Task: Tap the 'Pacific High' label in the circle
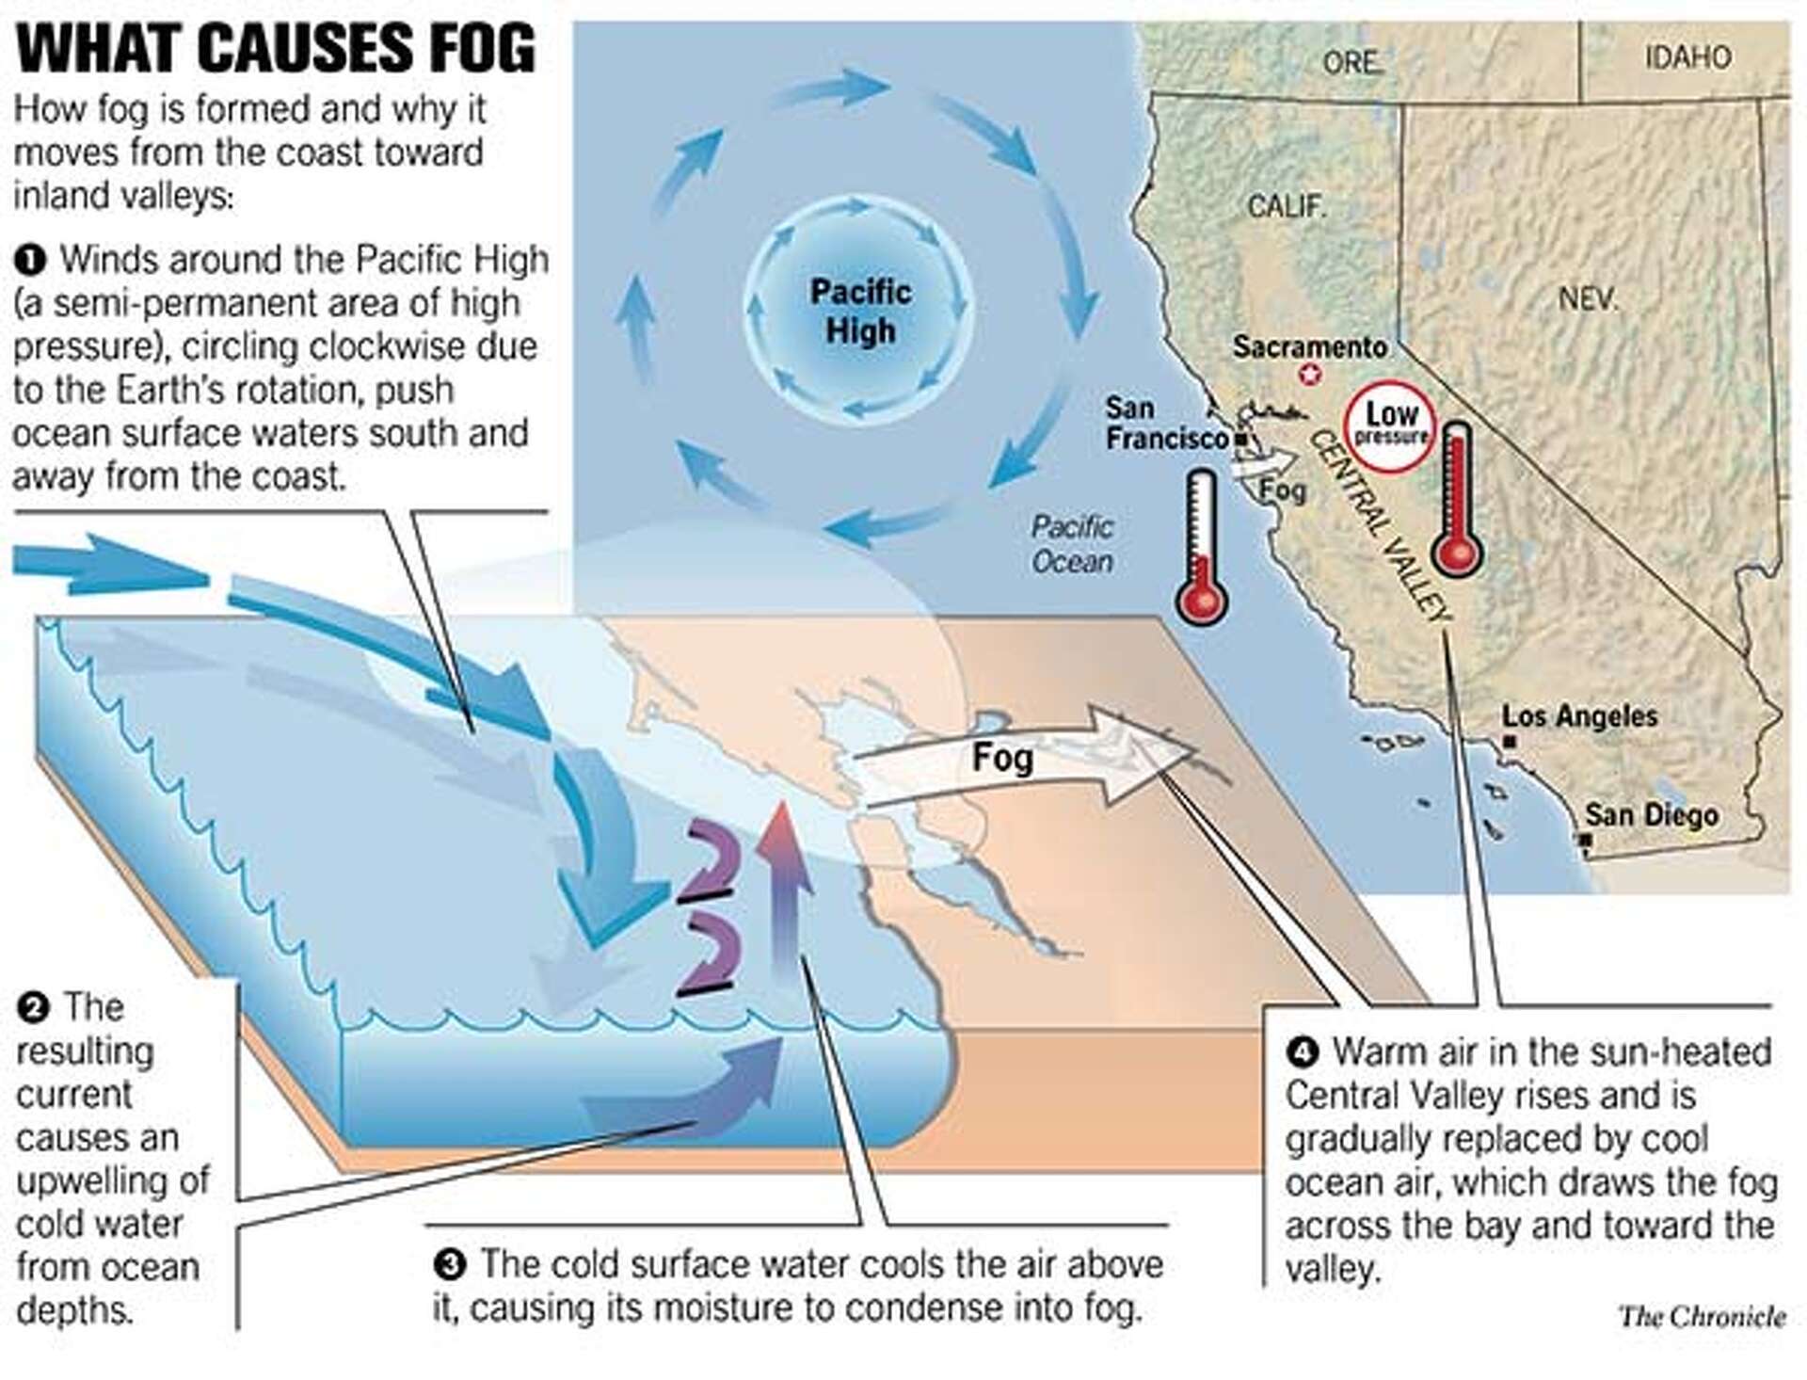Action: [x=860, y=311]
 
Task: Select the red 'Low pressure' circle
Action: [x=1389, y=425]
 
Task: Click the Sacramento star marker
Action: [x=1309, y=375]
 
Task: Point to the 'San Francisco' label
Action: [x=1165, y=423]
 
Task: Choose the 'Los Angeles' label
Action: [x=1579, y=715]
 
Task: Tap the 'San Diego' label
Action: [x=1651, y=814]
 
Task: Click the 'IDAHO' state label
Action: [x=1687, y=57]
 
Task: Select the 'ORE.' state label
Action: [x=1352, y=62]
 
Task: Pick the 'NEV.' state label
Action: [x=1588, y=298]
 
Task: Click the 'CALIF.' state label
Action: [x=1287, y=205]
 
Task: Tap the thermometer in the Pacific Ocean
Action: [x=1201, y=546]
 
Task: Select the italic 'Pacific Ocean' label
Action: [x=1072, y=544]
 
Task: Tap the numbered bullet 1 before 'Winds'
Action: [x=30, y=260]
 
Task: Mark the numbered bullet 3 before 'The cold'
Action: [x=451, y=1264]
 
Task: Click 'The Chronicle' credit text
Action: [x=1702, y=1315]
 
